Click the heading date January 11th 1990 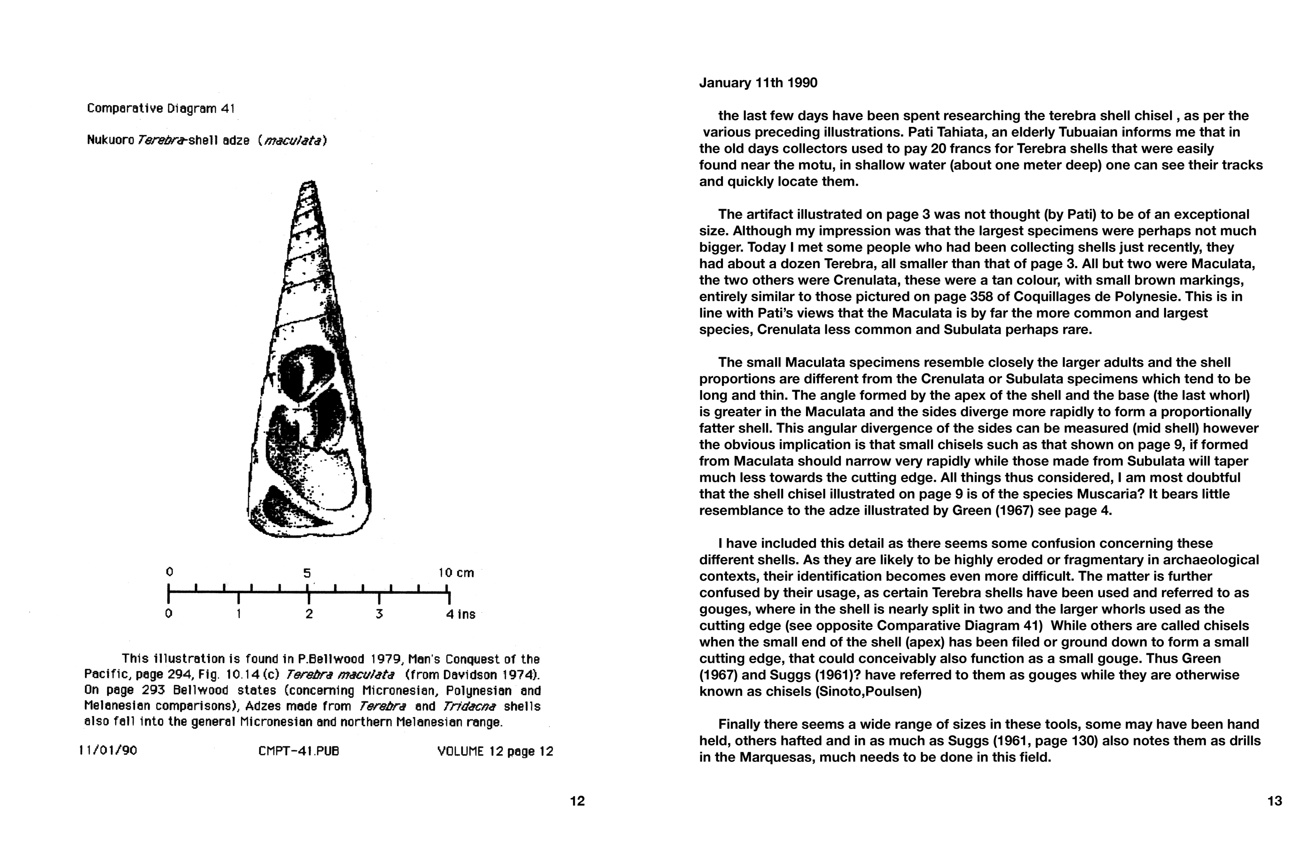point(758,83)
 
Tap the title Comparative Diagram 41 point(161,109)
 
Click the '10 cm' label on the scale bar point(455,573)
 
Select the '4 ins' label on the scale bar point(460,614)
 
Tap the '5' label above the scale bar point(307,573)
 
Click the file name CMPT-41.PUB point(298,751)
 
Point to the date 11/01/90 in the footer point(108,751)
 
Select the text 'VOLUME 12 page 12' point(495,751)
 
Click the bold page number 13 point(1274,801)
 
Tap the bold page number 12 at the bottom point(577,801)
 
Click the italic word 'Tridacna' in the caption point(470,706)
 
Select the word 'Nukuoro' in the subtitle point(110,141)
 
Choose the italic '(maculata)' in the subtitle point(292,141)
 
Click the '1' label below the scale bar point(238,614)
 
